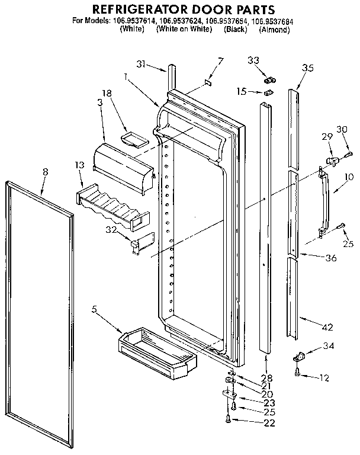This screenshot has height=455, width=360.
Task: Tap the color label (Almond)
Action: point(275,29)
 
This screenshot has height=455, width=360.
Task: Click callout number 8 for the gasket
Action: point(46,171)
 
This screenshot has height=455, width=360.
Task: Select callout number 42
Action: point(327,326)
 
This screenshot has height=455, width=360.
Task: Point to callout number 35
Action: point(307,68)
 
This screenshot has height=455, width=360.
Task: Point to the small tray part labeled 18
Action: point(133,139)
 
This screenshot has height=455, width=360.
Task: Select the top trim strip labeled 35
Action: point(294,127)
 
